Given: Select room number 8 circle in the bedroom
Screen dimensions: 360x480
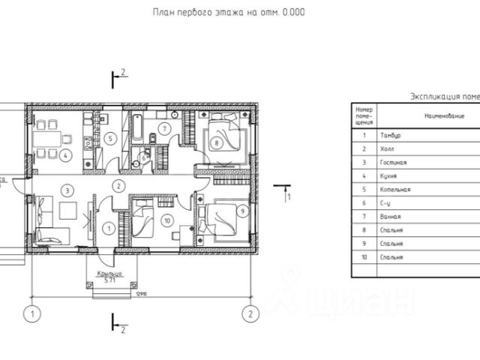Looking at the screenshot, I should (216, 142).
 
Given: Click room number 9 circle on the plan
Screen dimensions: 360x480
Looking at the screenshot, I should (242, 211).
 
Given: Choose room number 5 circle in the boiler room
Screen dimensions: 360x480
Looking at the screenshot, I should (109, 138).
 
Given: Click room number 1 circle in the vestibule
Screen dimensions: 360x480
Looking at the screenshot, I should (109, 228).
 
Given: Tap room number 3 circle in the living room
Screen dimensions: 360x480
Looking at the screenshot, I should (68, 190).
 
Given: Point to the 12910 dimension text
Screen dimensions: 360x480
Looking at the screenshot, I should (140, 294).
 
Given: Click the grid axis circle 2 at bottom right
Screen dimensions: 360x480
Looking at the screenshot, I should (250, 312).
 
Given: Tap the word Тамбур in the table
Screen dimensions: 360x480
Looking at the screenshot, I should (392, 135).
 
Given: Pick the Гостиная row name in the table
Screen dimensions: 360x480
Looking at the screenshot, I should (394, 162).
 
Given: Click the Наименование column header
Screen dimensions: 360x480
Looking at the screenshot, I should (445, 116).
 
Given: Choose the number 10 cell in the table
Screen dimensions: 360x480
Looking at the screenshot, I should (364, 257).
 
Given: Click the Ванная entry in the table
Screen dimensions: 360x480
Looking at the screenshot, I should (392, 217).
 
